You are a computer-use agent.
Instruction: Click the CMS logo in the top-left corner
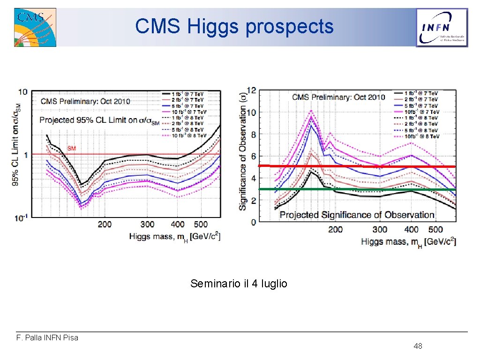[x=35, y=27]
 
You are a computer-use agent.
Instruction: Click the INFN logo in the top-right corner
[x=442, y=28]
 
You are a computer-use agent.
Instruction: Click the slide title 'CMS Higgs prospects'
[x=234, y=26]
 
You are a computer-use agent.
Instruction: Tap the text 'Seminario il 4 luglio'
[x=239, y=284]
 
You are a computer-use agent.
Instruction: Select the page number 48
[x=418, y=346]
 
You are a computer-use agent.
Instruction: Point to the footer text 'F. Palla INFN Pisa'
[x=47, y=337]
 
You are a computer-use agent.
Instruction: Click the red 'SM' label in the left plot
[x=71, y=149]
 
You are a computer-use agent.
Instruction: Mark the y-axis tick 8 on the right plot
[x=253, y=135]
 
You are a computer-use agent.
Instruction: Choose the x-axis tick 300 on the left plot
[x=147, y=225]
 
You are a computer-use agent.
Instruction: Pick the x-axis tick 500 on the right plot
[x=435, y=229]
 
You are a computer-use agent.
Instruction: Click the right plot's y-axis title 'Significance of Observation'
[x=243, y=151]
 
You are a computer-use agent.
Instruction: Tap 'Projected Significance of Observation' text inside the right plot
[x=357, y=215]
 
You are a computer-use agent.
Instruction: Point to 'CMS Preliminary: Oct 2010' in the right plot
[x=338, y=97]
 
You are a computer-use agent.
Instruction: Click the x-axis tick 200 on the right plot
[x=335, y=229]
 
